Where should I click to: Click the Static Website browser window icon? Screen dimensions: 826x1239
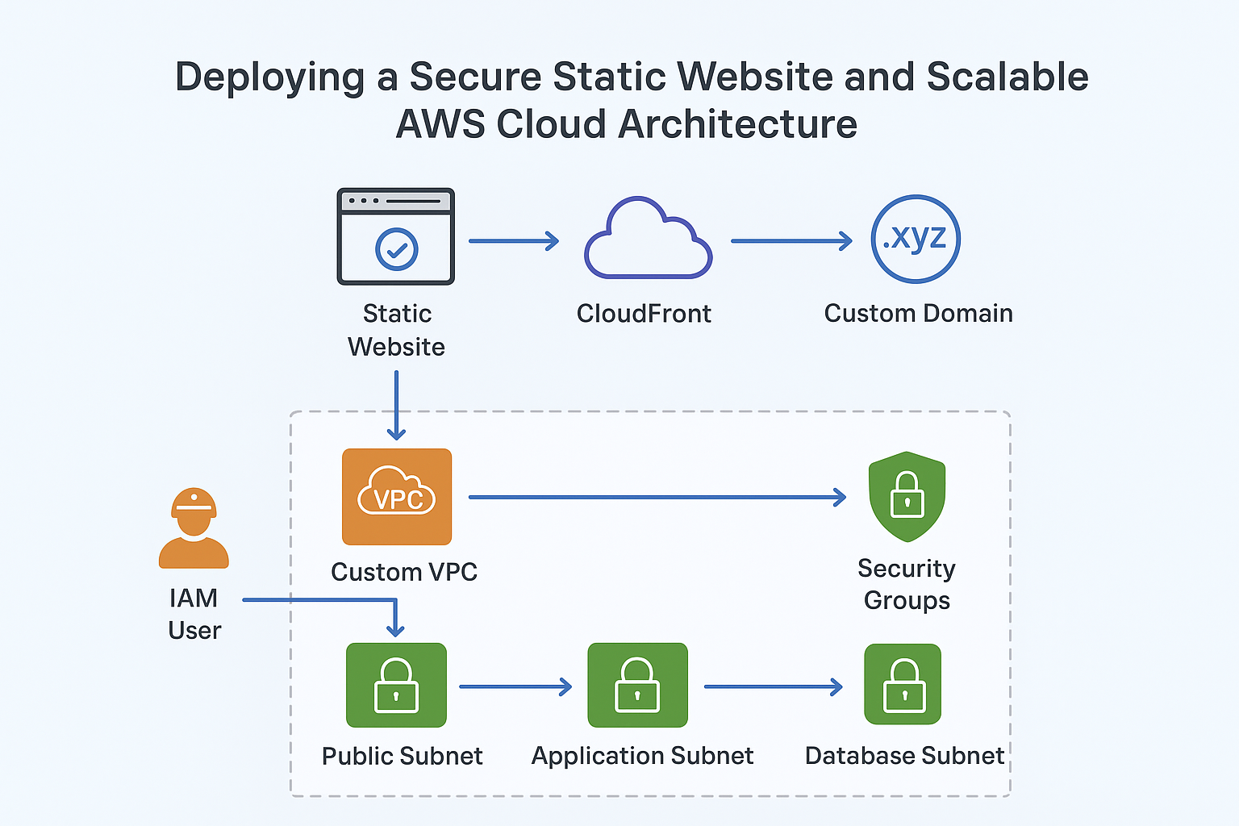click(x=395, y=236)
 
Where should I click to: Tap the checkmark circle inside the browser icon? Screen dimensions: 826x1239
click(x=397, y=249)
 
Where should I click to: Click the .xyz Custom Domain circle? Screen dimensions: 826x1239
click(x=916, y=239)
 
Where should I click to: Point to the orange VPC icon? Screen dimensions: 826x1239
click(x=397, y=497)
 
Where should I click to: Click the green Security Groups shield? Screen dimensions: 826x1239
click(x=907, y=496)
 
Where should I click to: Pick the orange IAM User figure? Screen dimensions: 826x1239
click(x=194, y=528)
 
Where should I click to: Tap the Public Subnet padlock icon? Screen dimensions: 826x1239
click(x=396, y=685)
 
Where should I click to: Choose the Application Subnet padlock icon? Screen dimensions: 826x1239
click(x=638, y=685)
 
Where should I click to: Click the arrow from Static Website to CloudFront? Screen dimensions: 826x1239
click(x=514, y=240)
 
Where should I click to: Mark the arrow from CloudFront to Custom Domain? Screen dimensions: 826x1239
click(x=791, y=240)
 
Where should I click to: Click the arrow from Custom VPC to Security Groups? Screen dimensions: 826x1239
click(x=657, y=498)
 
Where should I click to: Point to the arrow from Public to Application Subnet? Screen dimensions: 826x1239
click(x=515, y=686)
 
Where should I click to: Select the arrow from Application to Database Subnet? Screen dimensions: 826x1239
click(x=773, y=686)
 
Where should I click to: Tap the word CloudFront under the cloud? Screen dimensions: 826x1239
click(x=644, y=313)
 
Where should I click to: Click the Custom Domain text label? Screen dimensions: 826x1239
click(x=918, y=313)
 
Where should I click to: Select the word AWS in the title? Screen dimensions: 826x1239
click(x=440, y=125)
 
